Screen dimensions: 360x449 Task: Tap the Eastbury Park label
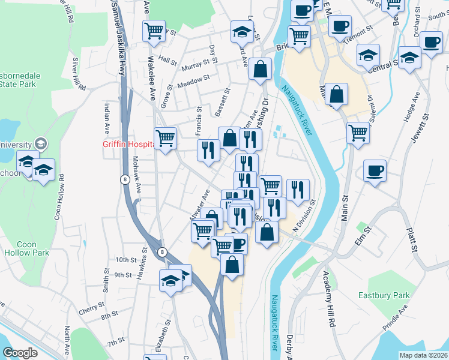(384, 295)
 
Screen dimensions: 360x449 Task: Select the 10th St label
(126, 260)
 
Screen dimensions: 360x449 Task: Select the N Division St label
(304, 216)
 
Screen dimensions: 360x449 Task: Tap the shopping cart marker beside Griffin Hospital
(165, 138)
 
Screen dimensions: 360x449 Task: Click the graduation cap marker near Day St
(242, 31)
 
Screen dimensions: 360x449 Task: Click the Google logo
(20, 353)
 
